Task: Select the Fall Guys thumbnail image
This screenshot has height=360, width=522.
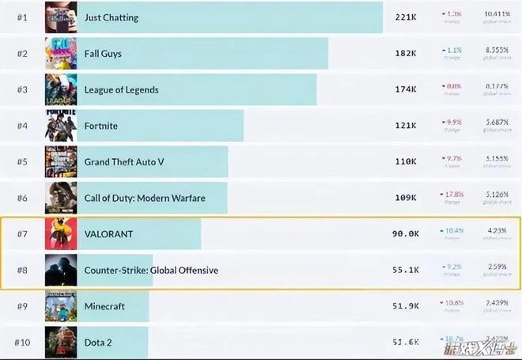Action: tap(61, 54)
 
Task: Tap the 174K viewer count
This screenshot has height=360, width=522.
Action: tap(406, 89)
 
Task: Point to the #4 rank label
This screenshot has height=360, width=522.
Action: tap(22, 125)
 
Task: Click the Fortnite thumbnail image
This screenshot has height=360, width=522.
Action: tap(61, 125)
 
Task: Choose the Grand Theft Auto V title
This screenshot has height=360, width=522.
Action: tap(124, 161)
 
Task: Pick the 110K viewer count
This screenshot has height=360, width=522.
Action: tap(406, 161)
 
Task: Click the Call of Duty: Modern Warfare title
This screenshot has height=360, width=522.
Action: tap(144, 198)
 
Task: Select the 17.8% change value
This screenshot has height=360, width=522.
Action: tap(452, 195)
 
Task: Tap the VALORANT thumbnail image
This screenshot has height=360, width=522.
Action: tap(61, 234)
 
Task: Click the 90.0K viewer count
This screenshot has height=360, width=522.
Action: tap(404, 234)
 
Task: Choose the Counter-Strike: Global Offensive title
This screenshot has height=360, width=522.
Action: tap(151, 271)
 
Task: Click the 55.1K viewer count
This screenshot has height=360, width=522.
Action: tap(404, 271)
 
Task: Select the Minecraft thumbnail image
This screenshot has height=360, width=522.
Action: tap(61, 306)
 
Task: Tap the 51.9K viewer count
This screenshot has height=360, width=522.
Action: tap(404, 306)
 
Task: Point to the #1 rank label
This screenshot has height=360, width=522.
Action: tap(22, 17)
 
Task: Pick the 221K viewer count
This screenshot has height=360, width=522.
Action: tap(406, 17)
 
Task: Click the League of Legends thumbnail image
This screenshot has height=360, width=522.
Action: tap(61, 89)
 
